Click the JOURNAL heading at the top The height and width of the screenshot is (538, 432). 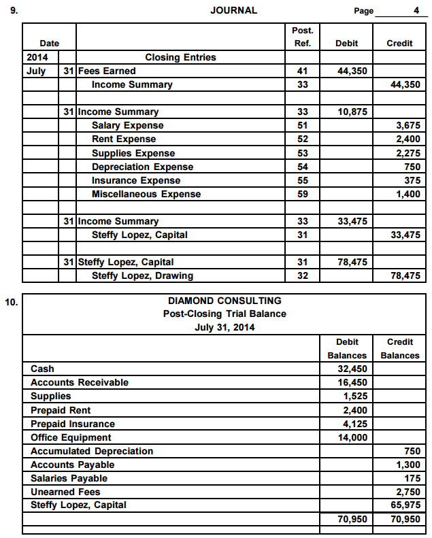[234, 10]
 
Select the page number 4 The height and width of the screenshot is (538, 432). [416, 10]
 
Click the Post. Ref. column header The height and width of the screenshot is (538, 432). [302, 37]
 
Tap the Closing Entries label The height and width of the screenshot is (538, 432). [180, 57]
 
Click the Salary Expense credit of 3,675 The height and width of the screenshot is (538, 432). [408, 125]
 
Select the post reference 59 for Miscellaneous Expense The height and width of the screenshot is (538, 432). [303, 194]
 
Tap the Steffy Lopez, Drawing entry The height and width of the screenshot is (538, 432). [142, 275]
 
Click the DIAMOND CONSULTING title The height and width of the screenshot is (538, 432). [225, 301]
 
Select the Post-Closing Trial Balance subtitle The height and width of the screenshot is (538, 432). [225, 314]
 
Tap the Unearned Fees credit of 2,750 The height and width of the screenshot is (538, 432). [408, 492]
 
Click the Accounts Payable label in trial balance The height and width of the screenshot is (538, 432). [72, 465]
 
